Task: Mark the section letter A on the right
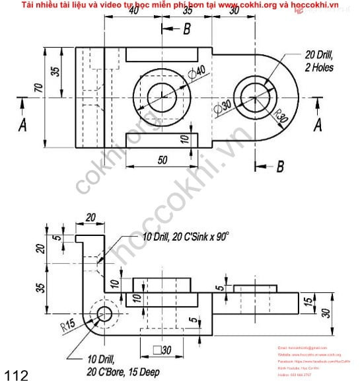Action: (x=318, y=123)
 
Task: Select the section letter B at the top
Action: (x=186, y=29)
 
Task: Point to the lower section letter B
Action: (x=279, y=167)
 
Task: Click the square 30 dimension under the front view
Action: (x=162, y=350)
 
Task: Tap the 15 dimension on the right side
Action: (x=308, y=302)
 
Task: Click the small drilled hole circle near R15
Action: (x=103, y=313)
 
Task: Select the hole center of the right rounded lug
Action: (x=254, y=97)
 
